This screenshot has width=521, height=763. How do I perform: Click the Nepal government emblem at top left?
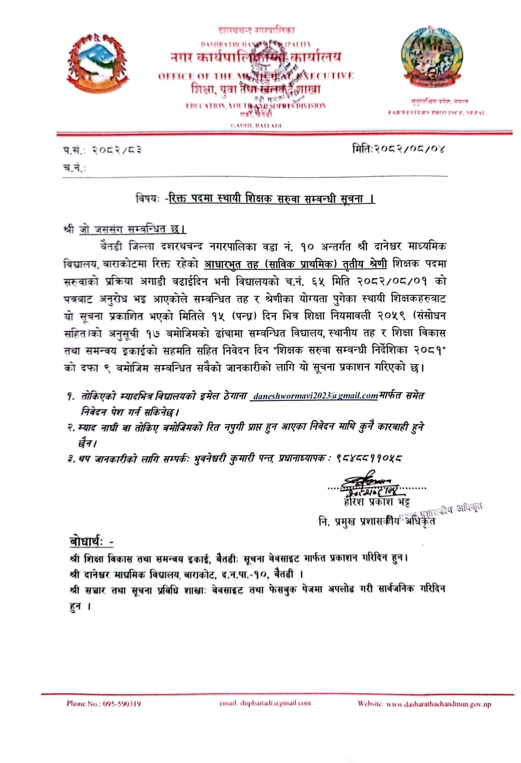tap(97, 62)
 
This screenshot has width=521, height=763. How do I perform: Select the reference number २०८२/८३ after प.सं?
tap(117, 150)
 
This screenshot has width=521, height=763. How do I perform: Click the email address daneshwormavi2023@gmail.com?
tap(315, 395)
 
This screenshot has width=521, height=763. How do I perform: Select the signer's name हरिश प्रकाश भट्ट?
tap(377, 503)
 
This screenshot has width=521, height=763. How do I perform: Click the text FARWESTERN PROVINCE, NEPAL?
tap(437, 112)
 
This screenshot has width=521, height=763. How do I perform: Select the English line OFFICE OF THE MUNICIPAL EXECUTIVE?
tap(255, 76)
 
